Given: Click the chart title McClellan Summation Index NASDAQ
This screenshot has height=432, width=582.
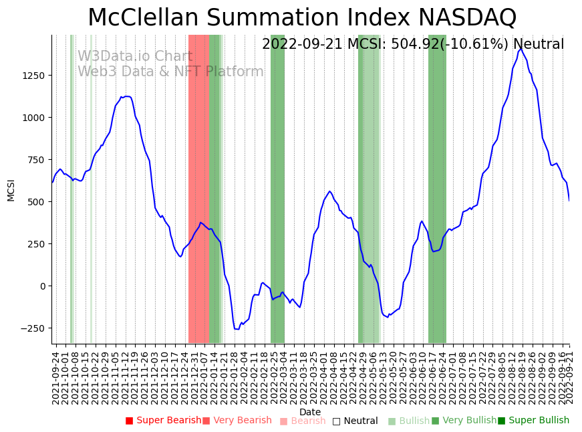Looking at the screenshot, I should point(302,17).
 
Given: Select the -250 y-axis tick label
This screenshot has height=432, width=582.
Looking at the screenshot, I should point(32,328).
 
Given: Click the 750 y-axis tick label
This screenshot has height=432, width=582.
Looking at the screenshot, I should point(35,160).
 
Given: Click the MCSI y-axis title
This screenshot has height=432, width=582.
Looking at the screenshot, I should point(11,189).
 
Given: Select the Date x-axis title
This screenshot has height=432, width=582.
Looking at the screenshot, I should point(310,412).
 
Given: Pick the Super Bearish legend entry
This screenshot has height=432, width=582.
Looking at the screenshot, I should point(164,421).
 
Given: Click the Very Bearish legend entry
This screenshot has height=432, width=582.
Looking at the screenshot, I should point(237,421).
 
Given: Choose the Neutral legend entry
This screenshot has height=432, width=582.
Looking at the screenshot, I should point(355,421).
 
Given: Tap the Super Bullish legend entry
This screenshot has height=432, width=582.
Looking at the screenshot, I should point(533,421).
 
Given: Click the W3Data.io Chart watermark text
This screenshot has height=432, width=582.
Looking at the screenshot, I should point(135,57).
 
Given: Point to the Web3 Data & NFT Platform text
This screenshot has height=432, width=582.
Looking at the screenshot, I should point(170,72).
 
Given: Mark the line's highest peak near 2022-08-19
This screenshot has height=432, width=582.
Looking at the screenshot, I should point(521,48).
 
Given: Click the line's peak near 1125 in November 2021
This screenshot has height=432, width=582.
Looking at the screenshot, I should point(126,96).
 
